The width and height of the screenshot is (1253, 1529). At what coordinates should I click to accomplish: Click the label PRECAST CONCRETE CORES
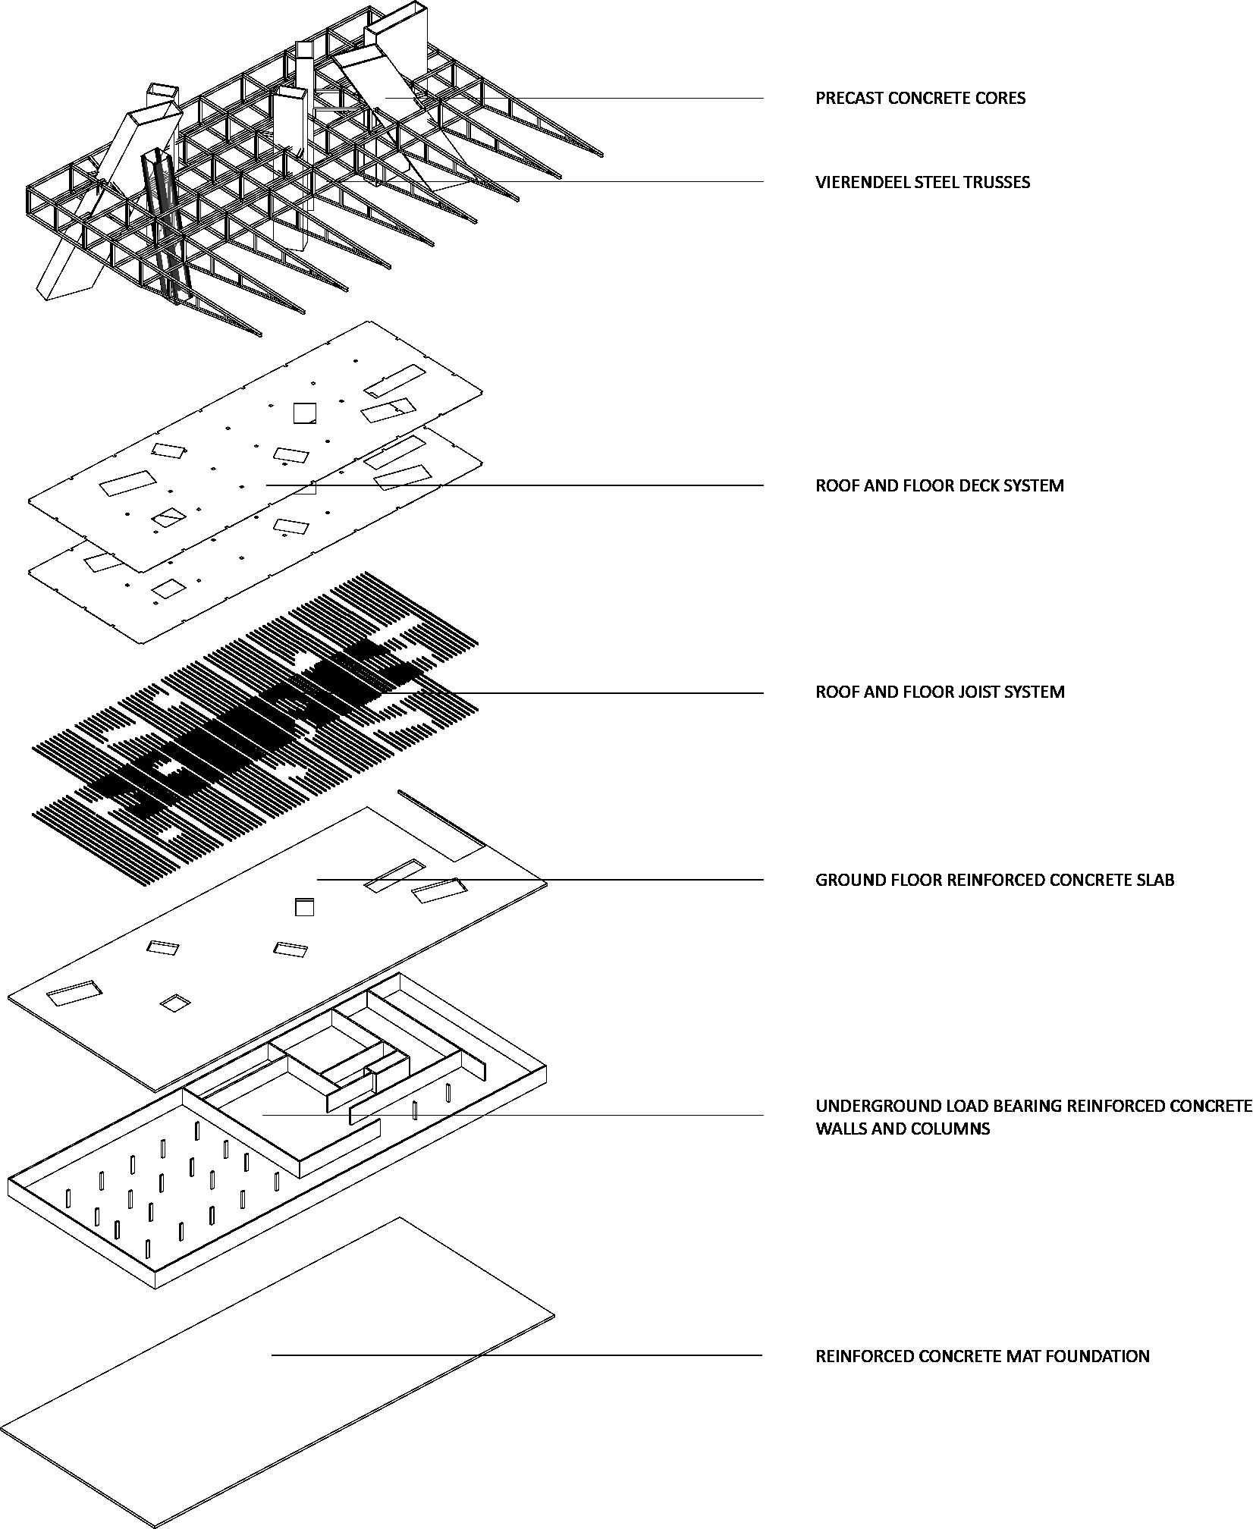[x=920, y=98]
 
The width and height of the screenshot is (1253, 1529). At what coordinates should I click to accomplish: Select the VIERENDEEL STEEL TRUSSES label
[x=922, y=182]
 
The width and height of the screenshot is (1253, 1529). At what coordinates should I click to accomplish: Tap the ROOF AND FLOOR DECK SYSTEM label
[x=939, y=485]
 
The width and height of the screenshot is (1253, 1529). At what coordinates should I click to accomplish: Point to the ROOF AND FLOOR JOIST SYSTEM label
[x=940, y=692]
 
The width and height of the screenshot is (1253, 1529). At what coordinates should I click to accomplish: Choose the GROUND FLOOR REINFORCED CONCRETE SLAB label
[x=994, y=880]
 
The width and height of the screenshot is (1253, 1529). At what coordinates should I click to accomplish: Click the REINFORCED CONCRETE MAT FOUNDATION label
[x=982, y=1355]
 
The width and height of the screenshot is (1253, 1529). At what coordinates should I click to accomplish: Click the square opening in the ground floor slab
[x=304, y=907]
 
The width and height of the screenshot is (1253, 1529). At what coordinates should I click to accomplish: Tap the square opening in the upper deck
[x=305, y=413]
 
